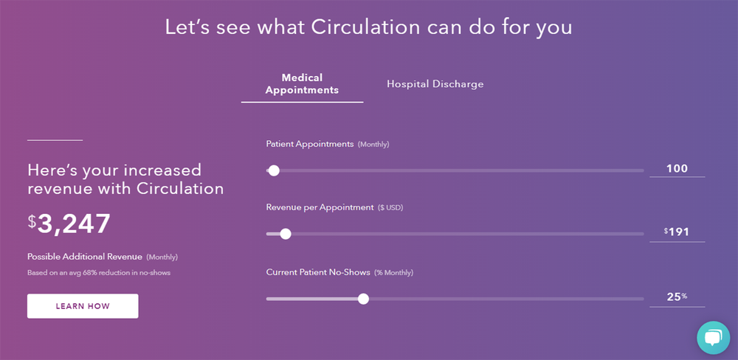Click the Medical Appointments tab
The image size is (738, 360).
tap(302, 83)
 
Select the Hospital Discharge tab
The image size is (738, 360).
tap(435, 84)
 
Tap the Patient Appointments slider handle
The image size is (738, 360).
tap(274, 170)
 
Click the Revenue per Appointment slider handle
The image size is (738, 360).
tap(286, 234)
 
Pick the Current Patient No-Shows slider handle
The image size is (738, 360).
tap(363, 299)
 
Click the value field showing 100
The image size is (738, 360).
tap(677, 169)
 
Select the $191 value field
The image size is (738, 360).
tap(677, 232)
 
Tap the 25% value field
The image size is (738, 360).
tap(677, 297)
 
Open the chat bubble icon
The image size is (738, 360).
tap(713, 337)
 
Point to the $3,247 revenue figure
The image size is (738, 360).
tap(69, 223)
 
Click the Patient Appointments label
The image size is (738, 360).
tap(310, 144)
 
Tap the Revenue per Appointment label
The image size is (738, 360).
tap(320, 207)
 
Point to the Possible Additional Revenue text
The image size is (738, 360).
tap(86, 257)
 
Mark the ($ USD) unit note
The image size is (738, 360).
tap(390, 208)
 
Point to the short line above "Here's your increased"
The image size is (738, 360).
tap(55, 139)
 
